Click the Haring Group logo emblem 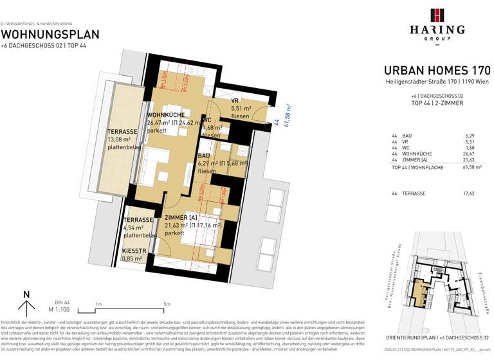437,16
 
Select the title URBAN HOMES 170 437,70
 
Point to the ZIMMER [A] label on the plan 181,219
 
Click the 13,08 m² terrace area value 119,139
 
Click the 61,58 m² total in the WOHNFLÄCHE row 471,167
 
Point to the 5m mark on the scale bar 167,304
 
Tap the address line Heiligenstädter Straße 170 437,82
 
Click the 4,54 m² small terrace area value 136,228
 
